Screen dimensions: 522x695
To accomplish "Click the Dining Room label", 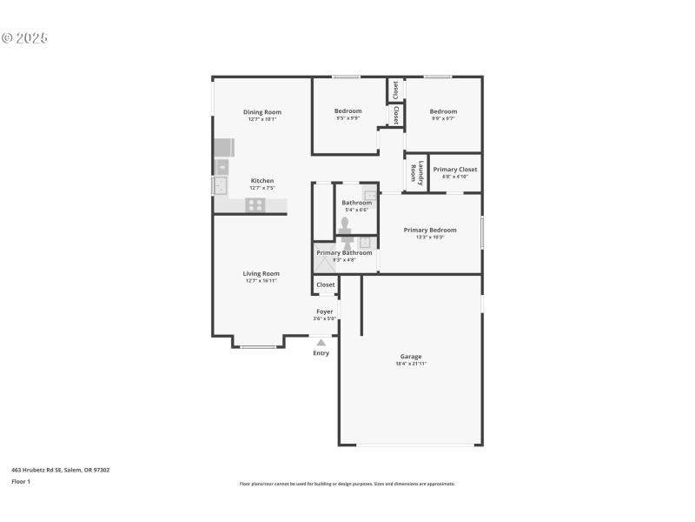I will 261,111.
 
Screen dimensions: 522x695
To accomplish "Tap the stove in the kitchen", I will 255,205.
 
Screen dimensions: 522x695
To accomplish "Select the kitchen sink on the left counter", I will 221,184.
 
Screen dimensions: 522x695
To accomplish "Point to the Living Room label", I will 261,273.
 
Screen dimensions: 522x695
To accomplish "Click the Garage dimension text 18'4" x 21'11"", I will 411,364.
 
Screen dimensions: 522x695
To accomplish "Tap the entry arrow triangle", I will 321,343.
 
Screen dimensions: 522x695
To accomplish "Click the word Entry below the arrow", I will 321,353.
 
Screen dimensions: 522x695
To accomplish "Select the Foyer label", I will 324,311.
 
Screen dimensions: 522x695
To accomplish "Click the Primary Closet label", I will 455,170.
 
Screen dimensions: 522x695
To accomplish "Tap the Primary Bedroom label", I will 429,230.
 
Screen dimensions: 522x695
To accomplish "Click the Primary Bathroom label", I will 344,252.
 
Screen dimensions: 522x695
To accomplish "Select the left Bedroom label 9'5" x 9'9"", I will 347,111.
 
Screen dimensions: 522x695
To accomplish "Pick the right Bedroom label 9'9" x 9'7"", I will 443,111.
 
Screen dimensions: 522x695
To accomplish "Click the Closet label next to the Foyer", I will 325,284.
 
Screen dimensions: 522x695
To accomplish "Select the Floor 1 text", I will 21,481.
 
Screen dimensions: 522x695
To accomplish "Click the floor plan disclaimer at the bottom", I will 347,484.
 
